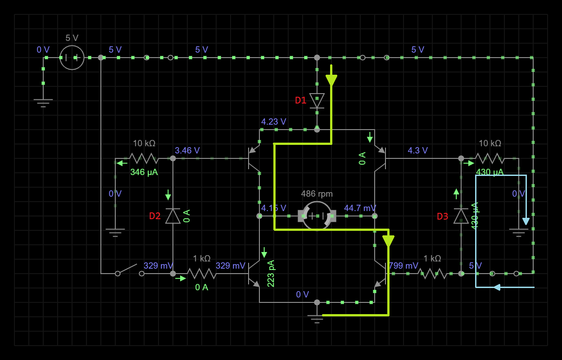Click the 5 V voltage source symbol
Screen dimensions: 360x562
[x=72, y=58]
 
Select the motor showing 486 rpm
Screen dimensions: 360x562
[x=317, y=216]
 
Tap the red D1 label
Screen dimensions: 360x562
[x=300, y=100]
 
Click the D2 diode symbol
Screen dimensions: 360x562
[x=173, y=216]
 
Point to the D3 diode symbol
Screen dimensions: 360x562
[x=461, y=216]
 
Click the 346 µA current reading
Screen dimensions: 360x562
[x=144, y=172]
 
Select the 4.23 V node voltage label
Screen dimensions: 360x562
[x=273, y=121]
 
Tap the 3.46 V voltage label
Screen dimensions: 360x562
[x=187, y=150]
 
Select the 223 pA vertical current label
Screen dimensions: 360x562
[x=271, y=274]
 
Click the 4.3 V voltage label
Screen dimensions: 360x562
[x=417, y=150]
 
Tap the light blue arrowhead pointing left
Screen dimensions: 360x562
[x=497, y=287]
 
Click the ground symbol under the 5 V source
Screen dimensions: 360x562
[x=43, y=103]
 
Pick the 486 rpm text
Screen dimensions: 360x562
[x=317, y=194]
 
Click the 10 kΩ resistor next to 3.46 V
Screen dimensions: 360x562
[x=144, y=158]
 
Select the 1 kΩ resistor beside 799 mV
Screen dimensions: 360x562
[x=432, y=273]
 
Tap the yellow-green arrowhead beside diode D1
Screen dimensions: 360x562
[x=331, y=80]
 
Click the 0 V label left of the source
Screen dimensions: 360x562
[x=43, y=49]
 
